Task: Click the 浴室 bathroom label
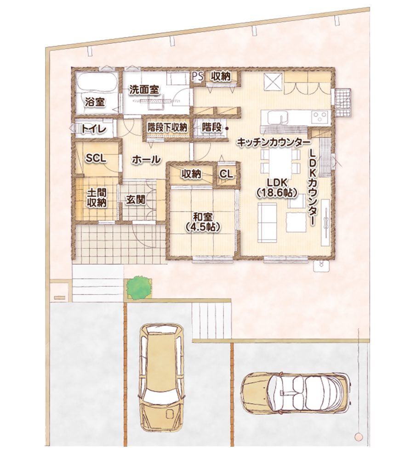coord(95,102)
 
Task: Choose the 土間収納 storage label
coord(97,197)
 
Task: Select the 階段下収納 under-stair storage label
coord(167,128)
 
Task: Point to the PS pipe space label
coord(197,77)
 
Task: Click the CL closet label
coord(226,174)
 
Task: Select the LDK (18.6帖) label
coord(276,188)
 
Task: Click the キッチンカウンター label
coord(273,142)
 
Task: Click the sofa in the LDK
coord(267,222)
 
